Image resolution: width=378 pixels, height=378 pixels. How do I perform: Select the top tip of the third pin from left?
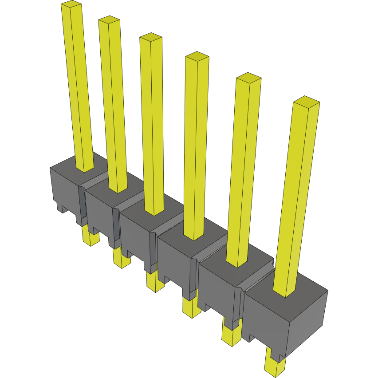tap(151, 37)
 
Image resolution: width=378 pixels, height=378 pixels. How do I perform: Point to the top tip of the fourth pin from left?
tap(197, 56)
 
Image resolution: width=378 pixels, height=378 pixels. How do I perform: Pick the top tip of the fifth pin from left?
tap(248, 78)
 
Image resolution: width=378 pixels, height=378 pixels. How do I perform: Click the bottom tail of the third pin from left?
tap(155, 284)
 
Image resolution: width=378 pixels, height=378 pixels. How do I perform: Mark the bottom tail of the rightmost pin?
tap(274, 367)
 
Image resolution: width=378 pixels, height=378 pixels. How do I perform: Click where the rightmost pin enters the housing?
tap(284, 294)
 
